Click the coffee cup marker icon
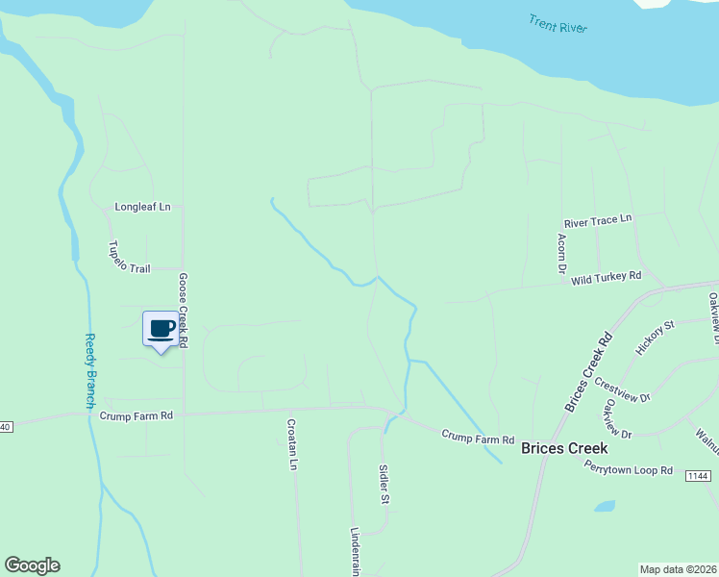click(161, 329)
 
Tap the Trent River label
click(558, 23)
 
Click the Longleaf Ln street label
click(142, 207)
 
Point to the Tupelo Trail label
click(129, 256)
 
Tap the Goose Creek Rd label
click(183, 310)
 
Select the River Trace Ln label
click(598, 221)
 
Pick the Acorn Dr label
click(560, 253)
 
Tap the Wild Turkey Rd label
click(606, 278)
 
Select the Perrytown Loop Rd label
click(628, 467)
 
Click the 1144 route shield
click(699, 476)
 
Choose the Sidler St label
click(384, 486)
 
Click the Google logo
click(32, 565)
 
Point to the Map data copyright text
click(678, 569)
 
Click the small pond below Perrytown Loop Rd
click(604, 506)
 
